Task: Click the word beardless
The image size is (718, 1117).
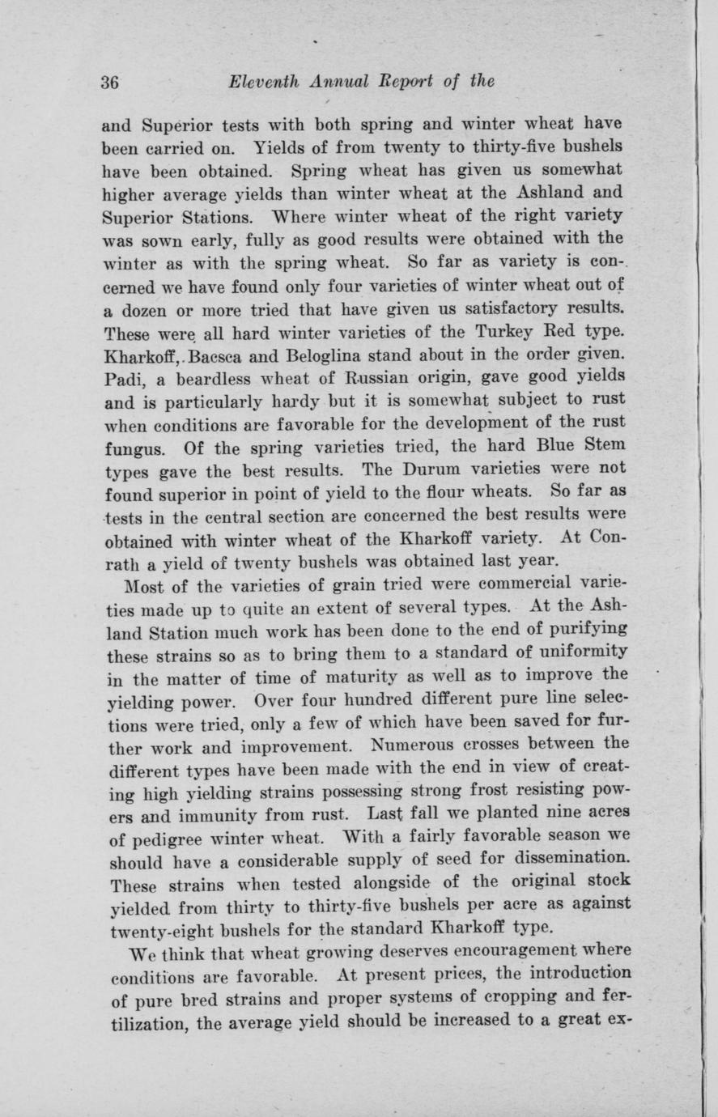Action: point(202,377)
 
